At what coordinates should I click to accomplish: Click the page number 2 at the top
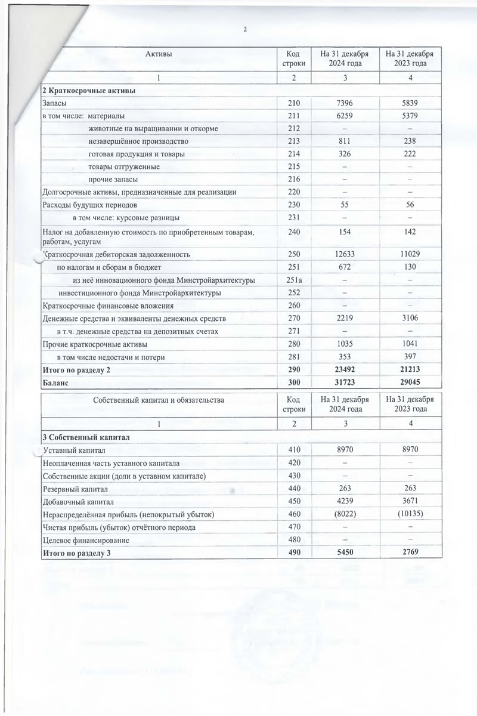pos(244,30)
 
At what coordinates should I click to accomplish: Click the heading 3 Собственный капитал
pos(83,438)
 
